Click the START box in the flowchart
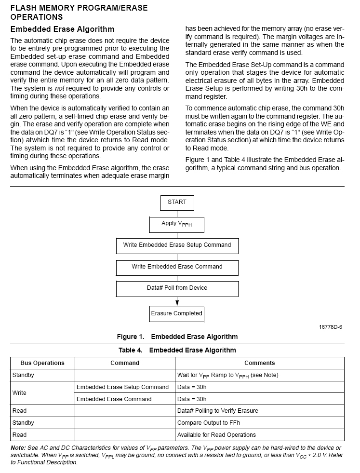177,203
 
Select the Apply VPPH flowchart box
177,224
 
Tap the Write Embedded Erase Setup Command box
177,245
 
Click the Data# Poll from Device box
177,288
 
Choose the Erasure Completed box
177,314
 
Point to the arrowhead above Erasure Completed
177,303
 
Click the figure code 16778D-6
330,327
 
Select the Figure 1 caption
177,337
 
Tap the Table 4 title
177,350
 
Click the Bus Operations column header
42,363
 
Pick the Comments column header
259,363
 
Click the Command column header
125,363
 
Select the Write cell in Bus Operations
19,393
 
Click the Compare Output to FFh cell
208,423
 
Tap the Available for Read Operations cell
216,435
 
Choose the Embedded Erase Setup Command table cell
122,387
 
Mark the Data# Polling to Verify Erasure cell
217,411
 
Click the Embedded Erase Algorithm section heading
62,29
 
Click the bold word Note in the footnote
18,448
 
